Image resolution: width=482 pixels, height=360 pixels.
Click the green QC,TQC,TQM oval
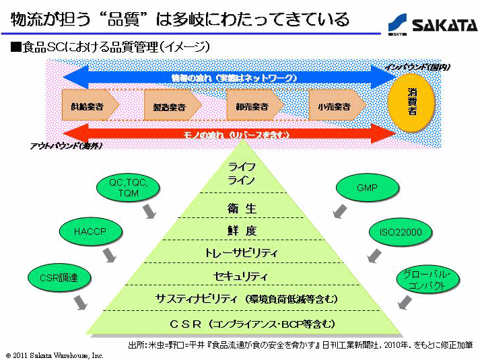coord(128,188)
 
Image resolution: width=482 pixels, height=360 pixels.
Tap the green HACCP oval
coord(91,233)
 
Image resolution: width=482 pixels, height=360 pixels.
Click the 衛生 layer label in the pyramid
coord(242,209)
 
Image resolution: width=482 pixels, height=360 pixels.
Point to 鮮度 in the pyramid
coord(242,231)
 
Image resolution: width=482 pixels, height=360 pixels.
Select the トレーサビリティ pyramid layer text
coord(242,254)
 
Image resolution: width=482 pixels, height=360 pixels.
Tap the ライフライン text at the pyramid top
coord(242,173)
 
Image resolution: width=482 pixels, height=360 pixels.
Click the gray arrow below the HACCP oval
coord(108,256)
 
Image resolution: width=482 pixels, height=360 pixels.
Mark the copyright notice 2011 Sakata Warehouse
coord(55,355)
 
